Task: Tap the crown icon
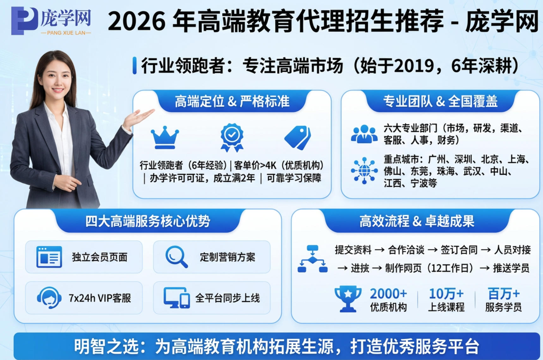pyautogui.click(x=165, y=137)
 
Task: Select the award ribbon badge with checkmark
pyautogui.click(x=232, y=137)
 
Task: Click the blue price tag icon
pyautogui.click(x=298, y=137)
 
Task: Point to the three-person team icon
pyautogui.click(x=364, y=134)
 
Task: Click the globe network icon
pyautogui.click(x=364, y=171)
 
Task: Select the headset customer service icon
pyautogui.click(x=49, y=297)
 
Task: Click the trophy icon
pyautogui.click(x=348, y=298)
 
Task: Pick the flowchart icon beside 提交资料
pyautogui.click(x=312, y=259)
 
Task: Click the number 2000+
pyautogui.click(x=388, y=294)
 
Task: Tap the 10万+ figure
pyautogui.click(x=446, y=294)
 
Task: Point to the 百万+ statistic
pyautogui.click(x=504, y=294)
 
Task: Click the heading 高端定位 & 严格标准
pyautogui.click(x=232, y=101)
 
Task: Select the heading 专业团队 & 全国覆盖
pyautogui.click(x=441, y=101)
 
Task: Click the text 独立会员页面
pyautogui.click(x=100, y=257)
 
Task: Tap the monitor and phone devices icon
pyautogui.click(x=177, y=297)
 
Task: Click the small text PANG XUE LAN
pyautogui.click(x=66, y=33)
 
